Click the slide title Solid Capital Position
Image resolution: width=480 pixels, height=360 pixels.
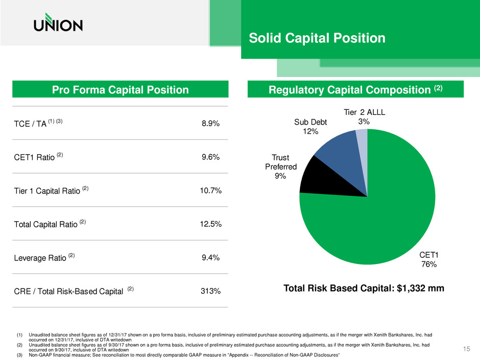[317, 38]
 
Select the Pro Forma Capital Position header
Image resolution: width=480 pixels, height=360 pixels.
[120, 90]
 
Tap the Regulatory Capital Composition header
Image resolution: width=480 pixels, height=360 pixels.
[355, 90]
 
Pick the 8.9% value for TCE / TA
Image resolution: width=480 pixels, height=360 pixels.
[210, 124]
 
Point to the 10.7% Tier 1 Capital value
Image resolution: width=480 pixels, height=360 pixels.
[210, 191]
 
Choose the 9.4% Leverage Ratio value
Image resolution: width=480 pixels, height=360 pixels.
[210, 258]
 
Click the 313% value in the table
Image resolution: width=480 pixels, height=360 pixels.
[210, 292]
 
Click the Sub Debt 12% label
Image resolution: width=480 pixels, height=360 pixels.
[310, 127]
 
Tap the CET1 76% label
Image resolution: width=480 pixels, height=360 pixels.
[429, 259]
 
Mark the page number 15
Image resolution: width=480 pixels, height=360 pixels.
[465, 348]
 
